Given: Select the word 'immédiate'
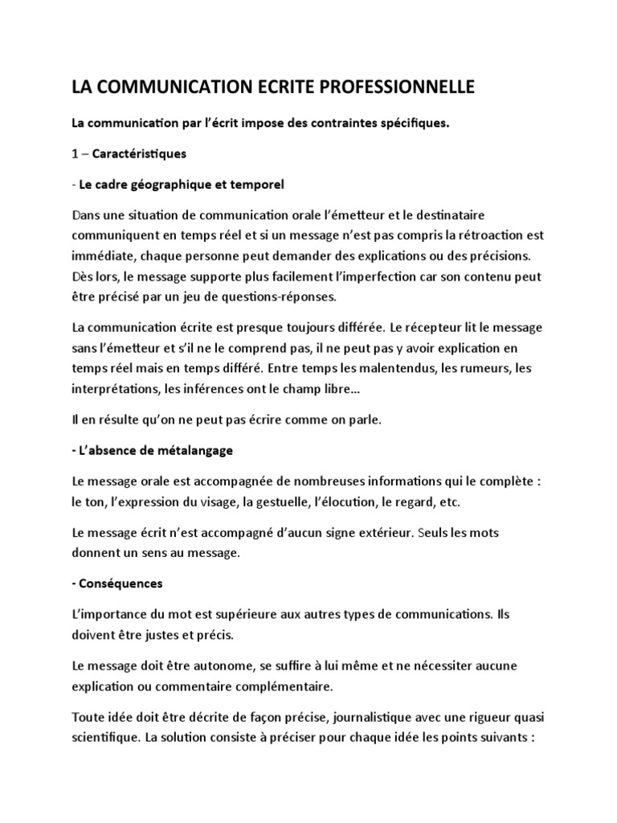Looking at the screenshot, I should click(104, 256).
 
